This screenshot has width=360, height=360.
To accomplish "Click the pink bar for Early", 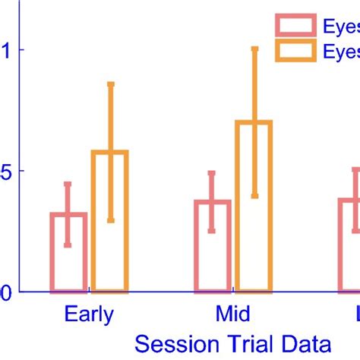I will pyautogui.click(x=68, y=252).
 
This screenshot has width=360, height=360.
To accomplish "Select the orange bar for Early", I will pyautogui.click(x=109, y=221).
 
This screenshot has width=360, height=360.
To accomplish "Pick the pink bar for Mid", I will pyautogui.click(x=212, y=245).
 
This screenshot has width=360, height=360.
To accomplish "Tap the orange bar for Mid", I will pyautogui.click(x=254, y=206).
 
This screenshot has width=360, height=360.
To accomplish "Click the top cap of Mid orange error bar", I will pyautogui.click(x=254, y=49).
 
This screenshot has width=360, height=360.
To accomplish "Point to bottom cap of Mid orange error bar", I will pyautogui.click(x=254, y=196).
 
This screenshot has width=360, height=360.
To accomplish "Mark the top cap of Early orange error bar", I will pyautogui.click(x=110, y=84).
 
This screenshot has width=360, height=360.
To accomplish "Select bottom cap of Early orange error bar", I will pyautogui.click(x=110, y=220).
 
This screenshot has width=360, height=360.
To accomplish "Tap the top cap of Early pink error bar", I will pyautogui.click(x=68, y=184).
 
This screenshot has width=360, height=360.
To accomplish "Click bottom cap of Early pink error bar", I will pyautogui.click(x=68, y=245).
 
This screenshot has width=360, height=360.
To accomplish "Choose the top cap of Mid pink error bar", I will pyautogui.click(x=212, y=173).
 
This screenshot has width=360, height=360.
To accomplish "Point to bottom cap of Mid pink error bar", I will pyautogui.click(x=212, y=230).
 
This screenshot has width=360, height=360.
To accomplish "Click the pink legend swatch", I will pyautogui.click(x=295, y=27).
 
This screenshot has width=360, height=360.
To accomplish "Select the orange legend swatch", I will pyautogui.click(x=295, y=51).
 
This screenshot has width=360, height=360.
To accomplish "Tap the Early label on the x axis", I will pyautogui.click(x=89, y=314).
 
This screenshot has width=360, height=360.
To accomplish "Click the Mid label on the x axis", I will pyautogui.click(x=232, y=314).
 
